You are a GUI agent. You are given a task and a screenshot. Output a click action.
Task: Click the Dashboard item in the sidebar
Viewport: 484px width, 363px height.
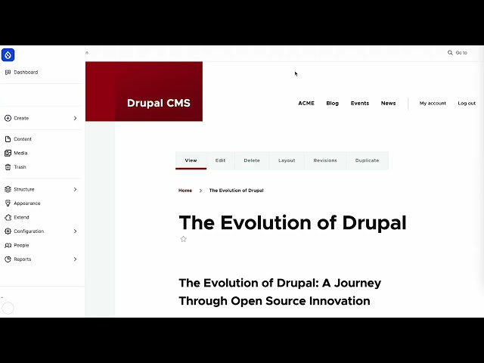pyautogui.click(x=26, y=73)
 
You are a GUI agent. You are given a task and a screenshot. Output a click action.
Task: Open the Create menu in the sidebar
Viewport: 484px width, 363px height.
pyautogui.click(x=21, y=118)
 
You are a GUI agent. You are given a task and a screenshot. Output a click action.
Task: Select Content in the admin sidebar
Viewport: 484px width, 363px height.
pyautogui.click(x=23, y=139)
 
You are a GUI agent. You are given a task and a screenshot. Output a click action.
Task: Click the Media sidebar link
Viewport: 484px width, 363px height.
pyautogui.click(x=20, y=153)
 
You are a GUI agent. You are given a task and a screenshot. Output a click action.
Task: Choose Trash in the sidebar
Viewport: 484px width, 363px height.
pyautogui.click(x=20, y=167)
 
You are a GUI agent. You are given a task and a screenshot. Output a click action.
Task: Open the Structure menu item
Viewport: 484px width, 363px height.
pyautogui.click(x=24, y=189)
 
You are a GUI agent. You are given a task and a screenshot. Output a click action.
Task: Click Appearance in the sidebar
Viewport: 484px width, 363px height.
pyautogui.click(x=27, y=203)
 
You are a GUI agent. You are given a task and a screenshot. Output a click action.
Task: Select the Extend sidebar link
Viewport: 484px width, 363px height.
pyautogui.click(x=21, y=217)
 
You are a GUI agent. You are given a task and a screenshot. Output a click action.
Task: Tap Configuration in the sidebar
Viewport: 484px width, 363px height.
pyautogui.click(x=29, y=231)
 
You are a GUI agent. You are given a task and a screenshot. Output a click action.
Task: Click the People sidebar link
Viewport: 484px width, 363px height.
pyautogui.click(x=21, y=245)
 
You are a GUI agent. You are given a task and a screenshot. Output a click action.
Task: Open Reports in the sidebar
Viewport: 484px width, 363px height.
pyautogui.click(x=23, y=259)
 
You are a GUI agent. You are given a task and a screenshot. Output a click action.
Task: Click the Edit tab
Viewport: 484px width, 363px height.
pyautogui.click(x=220, y=160)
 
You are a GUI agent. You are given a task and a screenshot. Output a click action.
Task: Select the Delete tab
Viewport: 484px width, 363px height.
pyautogui.click(x=252, y=160)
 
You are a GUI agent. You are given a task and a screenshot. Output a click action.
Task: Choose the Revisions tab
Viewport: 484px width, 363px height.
pyautogui.click(x=325, y=160)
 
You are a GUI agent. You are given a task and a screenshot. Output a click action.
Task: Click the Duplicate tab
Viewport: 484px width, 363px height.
pyautogui.click(x=367, y=160)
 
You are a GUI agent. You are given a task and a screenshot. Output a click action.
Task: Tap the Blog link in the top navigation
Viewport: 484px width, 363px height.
pyautogui.click(x=332, y=103)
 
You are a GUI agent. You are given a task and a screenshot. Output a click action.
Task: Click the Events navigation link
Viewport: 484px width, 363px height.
pyautogui.click(x=360, y=103)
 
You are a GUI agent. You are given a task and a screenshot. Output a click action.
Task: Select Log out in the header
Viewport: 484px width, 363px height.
pyautogui.click(x=467, y=103)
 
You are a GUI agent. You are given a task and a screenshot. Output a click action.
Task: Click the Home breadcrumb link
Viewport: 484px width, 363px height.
pyautogui.click(x=185, y=191)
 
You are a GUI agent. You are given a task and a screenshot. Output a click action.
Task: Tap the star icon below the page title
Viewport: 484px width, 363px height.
pyautogui.click(x=183, y=239)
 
